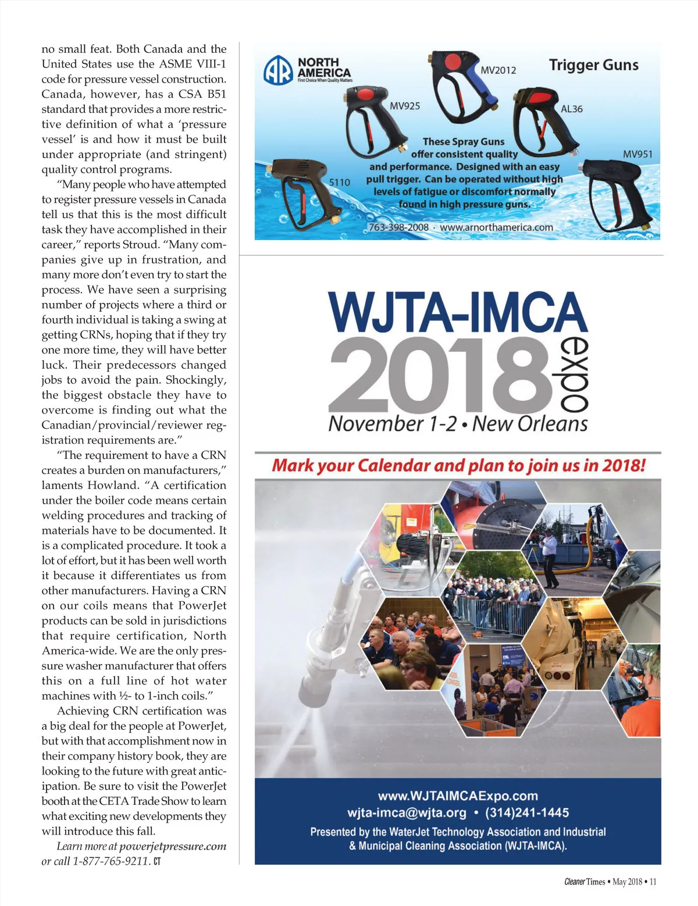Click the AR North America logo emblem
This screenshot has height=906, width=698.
(x=278, y=70)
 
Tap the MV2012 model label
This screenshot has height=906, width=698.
(x=498, y=70)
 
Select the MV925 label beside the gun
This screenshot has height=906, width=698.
(x=404, y=106)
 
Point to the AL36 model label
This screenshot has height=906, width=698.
(x=571, y=109)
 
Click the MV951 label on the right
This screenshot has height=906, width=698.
(x=638, y=154)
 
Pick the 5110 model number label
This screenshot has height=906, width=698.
(x=340, y=182)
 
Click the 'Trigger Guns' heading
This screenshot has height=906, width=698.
(x=593, y=65)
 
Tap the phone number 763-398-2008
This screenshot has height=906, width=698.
(x=398, y=227)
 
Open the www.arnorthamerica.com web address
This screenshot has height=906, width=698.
(x=496, y=227)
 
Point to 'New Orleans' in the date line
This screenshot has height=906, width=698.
(x=530, y=423)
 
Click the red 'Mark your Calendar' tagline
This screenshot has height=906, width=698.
(x=458, y=466)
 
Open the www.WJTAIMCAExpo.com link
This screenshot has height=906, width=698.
(x=458, y=796)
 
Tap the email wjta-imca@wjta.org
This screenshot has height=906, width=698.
(x=407, y=812)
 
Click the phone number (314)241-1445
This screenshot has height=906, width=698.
(x=527, y=812)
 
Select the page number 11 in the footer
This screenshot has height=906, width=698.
(x=653, y=882)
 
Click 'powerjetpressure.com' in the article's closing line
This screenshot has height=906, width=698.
(x=173, y=846)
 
